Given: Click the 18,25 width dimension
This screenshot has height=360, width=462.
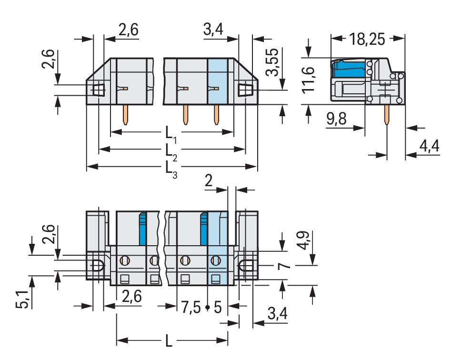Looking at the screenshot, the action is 367,39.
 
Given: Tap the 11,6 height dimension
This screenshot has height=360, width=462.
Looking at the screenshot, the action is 308,80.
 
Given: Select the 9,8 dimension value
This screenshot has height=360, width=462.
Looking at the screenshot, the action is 336,119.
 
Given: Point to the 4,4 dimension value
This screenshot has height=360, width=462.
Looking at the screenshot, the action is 429,146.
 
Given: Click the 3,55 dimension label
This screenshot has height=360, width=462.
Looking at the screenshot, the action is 271,62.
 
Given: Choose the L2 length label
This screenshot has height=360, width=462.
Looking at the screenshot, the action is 171,151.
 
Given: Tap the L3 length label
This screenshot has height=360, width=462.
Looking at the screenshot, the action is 171,169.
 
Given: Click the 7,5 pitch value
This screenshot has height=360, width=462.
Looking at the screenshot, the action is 191,308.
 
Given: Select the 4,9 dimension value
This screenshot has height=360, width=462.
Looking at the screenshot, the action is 304,240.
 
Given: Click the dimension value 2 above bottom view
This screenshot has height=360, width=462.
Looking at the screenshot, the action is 209,180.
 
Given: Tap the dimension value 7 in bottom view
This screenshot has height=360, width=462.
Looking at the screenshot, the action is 284,266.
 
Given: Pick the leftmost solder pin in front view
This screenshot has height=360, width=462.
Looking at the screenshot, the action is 125,114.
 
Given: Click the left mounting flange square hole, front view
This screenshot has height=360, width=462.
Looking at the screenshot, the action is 99,90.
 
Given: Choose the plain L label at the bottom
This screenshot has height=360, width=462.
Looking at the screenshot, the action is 169,341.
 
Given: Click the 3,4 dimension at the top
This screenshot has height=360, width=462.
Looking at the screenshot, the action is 213,29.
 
